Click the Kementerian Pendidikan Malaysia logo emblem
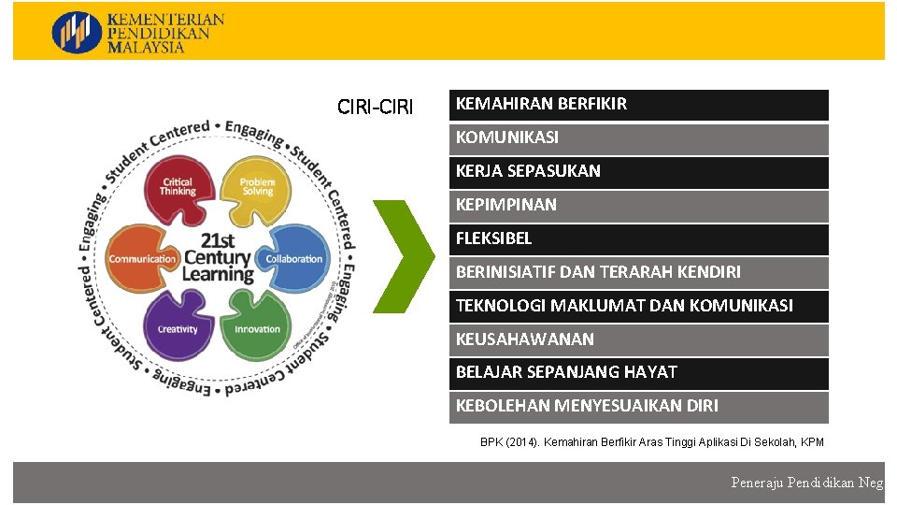77,32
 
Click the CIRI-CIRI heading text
375,108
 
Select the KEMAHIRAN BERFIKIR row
638,105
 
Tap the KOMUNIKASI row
638,138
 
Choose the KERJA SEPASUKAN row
638,172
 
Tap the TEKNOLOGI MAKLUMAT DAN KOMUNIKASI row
638,306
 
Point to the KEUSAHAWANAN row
638,339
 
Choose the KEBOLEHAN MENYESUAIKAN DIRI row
638,407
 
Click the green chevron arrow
404,255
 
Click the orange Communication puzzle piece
142,259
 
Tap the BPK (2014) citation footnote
651,441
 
